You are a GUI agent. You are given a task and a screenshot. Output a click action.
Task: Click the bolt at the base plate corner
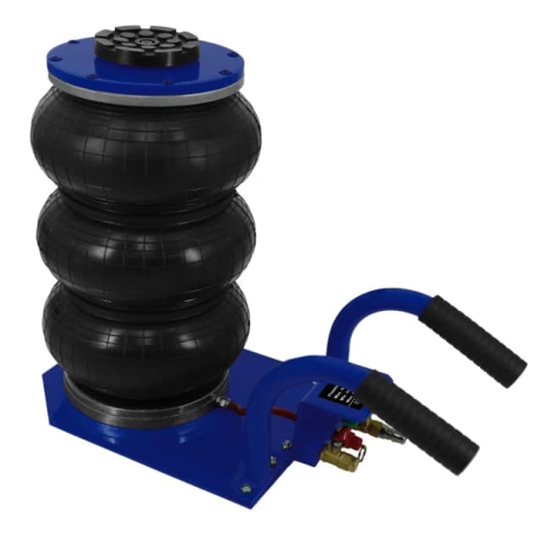246,485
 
